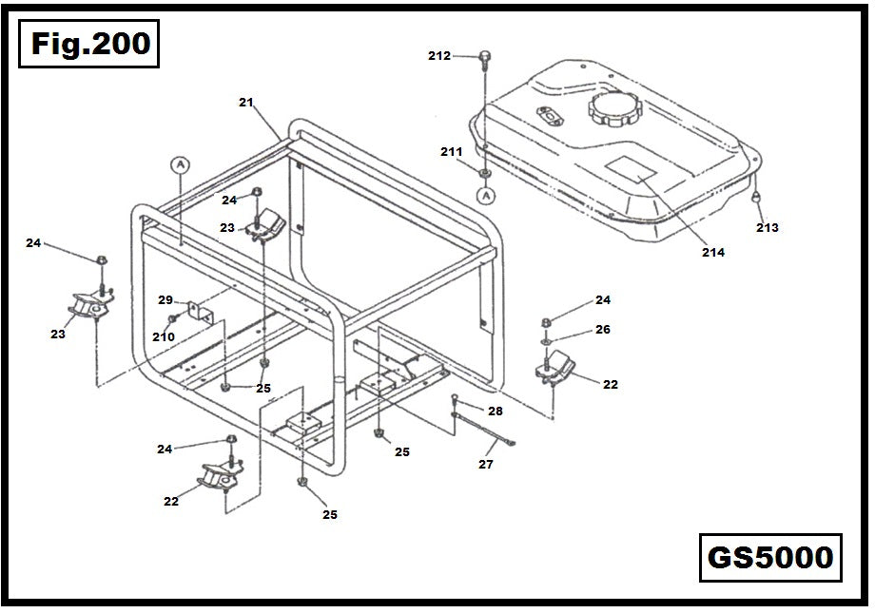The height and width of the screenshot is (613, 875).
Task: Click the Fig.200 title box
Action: pyautogui.click(x=89, y=44)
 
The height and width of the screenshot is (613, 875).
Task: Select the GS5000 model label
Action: pyautogui.click(x=769, y=557)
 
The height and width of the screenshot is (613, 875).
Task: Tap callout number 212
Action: pyautogui.click(x=439, y=56)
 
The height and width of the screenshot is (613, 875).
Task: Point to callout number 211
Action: pyautogui.click(x=451, y=152)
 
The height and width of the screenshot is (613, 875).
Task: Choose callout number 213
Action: pyautogui.click(x=767, y=228)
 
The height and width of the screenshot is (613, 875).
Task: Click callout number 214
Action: pyautogui.click(x=712, y=252)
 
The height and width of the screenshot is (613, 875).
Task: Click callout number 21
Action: pyautogui.click(x=245, y=102)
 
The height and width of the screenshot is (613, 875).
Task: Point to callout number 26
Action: pyautogui.click(x=603, y=330)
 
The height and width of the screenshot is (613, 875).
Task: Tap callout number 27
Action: pyautogui.click(x=486, y=465)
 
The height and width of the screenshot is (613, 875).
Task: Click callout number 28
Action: pyautogui.click(x=495, y=412)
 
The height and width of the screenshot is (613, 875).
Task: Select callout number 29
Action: pyautogui.click(x=165, y=299)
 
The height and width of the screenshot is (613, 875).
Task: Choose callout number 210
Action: pyautogui.click(x=163, y=336)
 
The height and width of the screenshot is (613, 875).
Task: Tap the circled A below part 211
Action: pyautogui.click(x=486, y=196)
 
